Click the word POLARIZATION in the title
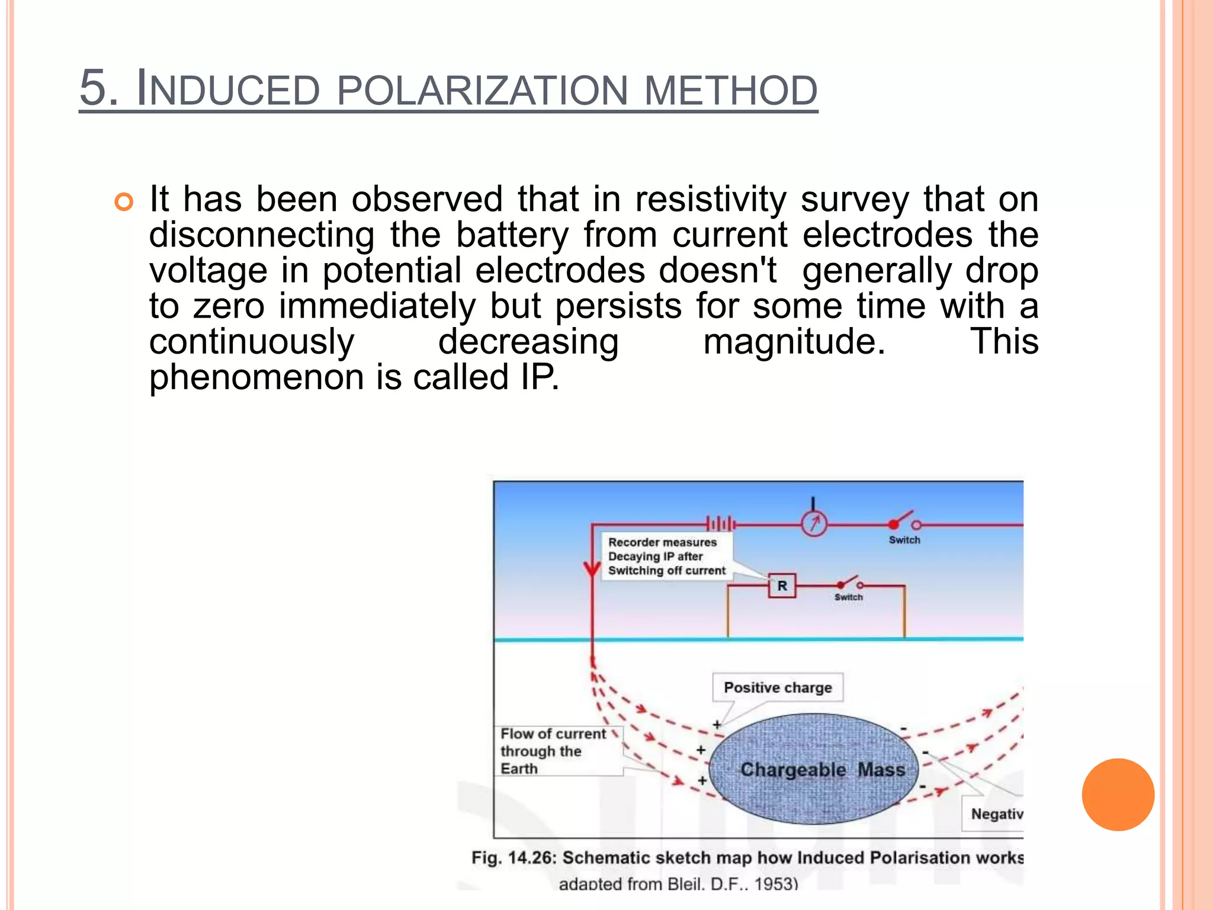coord(482,90)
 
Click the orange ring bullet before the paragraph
coord(124,203)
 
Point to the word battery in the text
coord(512,235)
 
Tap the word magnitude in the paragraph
coord(794,342)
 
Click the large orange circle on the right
coord(1118,794)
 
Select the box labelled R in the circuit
coord(782,586)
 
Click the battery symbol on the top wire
coord(721,523)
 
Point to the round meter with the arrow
coord(814,524)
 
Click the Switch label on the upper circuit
coord(904,540)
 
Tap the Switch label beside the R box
coord(849,597)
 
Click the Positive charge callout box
coord(778,688)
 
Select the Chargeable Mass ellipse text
coord(822,770)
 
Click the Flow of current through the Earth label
coord(553,751)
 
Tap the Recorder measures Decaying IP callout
coord(666,556)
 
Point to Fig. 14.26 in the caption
coord(513,858)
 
